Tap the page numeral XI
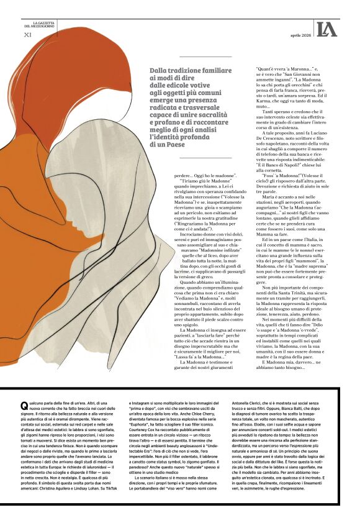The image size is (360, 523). click(27, 35)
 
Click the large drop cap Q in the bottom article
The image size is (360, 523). click(24, 406)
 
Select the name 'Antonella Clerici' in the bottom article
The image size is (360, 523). click(252, 403)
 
